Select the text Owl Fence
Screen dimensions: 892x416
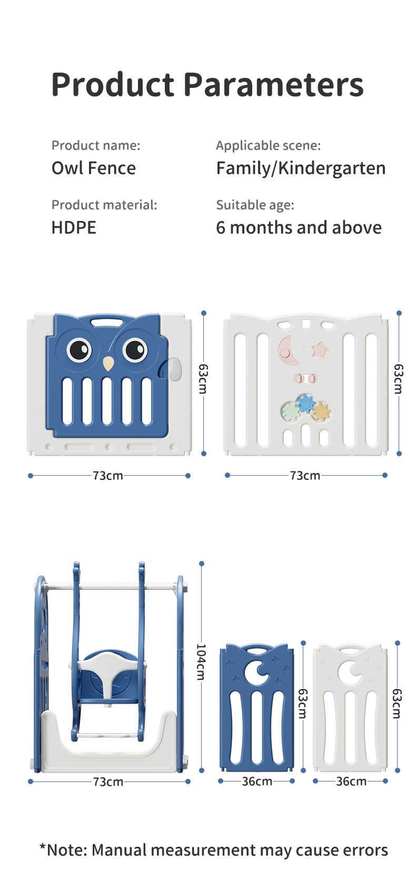[94, 168]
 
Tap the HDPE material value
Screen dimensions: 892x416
[74, 228]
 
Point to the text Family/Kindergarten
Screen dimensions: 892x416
[301, 168]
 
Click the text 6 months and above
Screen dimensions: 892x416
[299, 228]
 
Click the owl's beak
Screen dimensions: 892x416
[108, 363]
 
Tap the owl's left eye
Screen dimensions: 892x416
[79, 348]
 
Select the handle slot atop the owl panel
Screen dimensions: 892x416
[107, 322]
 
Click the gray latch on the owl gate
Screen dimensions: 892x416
[173, 368]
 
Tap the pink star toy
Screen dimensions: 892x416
[319, 349]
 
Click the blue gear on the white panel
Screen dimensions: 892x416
[305, 404]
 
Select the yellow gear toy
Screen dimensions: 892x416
[320, 412]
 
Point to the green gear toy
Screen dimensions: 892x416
[290, 411]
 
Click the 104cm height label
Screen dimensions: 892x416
[201, 662]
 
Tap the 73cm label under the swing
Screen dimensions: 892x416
[108, 782]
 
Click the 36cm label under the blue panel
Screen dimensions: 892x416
[257, 781]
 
